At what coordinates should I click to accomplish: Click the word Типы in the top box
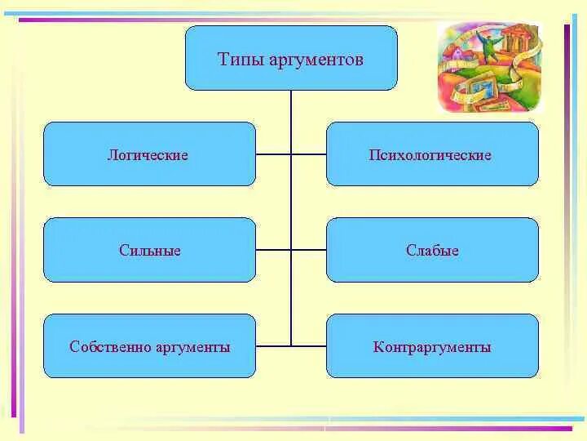236,60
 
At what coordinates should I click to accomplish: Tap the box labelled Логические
148,154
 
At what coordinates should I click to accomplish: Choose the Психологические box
432,154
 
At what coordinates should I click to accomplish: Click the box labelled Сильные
148,250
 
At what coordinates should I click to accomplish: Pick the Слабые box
432,250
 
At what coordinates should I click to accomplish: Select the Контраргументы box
432,347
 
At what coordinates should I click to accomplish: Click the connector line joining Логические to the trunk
273,154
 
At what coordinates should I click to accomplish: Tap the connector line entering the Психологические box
309,154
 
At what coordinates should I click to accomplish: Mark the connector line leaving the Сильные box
273,249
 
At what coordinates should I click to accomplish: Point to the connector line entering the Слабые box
309,249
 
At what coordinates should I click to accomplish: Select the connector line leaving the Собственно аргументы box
273,346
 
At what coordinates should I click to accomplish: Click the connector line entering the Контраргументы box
309,346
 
